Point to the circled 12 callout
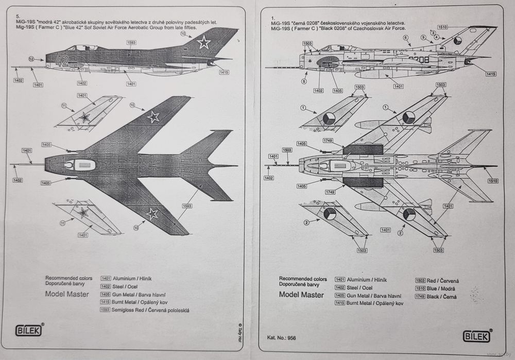pyautogui.click(x=31, y=60)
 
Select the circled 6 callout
pyautogui.click(x=405, y=38)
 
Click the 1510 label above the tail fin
pyautogui.click(x=443, y=26)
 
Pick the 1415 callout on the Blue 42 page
pyautogui.click(x=224, y=73)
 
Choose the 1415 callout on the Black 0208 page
pyautogui.click(x=490, y=74)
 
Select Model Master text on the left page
pyautogui.click(x=67, y=294)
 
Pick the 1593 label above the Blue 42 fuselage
pyautogui.click(x=131, y=42)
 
